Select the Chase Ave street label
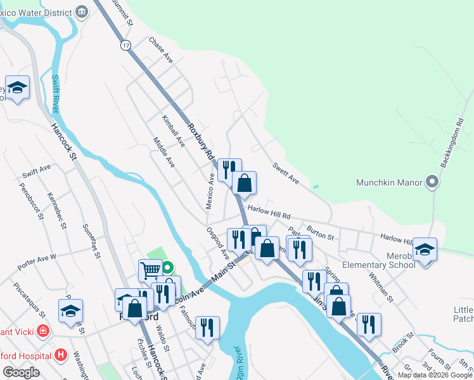(x=161, y=50)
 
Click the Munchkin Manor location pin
(x=432, y=182)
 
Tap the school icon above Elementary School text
(x=425, y=250)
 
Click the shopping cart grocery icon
(x=150, y=270)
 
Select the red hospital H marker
(x=61, y=355)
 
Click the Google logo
(x=21, y=372)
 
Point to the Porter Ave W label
(x=37, y=258)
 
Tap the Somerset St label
(x=91, y=241)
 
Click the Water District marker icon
(x=82, y=11)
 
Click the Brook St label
(x=402, y=342)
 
